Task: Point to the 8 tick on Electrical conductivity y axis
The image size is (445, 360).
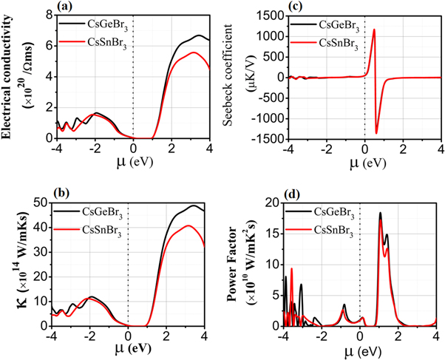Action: [47, 14]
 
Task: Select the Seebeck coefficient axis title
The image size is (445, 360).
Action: [232, 74]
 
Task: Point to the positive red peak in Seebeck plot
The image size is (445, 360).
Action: [374, 30]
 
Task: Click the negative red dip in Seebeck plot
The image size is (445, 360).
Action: [376, 133]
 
